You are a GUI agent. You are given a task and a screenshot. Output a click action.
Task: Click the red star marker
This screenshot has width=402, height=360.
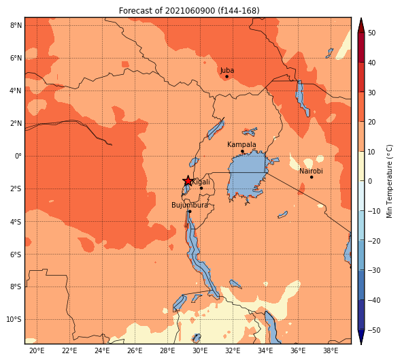click(188, 181)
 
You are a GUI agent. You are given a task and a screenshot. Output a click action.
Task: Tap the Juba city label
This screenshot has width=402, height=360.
click(227, 70)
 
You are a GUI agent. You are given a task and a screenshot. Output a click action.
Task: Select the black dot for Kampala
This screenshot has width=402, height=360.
click(242, 151)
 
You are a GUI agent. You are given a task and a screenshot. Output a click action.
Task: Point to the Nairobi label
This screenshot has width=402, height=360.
click(311, 171)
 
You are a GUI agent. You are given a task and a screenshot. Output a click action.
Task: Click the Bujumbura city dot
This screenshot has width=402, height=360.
click(190, 212)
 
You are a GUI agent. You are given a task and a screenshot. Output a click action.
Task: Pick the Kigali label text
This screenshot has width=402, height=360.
click(201, 182)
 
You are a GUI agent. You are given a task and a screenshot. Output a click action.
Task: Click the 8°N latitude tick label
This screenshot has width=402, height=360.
click(16, 25)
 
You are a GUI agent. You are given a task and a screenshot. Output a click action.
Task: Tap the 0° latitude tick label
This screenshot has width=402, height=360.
click(18, 156)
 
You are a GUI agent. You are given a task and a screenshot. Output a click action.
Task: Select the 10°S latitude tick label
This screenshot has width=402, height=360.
click(14, 319)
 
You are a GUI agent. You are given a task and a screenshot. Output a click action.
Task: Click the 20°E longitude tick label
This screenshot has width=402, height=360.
click(37, 350)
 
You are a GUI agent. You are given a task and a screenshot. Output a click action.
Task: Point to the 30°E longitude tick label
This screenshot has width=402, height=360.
click(200, 350)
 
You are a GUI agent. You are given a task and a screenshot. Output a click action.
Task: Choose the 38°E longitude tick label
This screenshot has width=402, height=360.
click(331, 350)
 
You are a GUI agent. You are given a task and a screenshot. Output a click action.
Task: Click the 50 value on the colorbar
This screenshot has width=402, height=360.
click(371, 33)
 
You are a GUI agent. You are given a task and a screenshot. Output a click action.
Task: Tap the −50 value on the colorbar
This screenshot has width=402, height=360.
click(374, 330)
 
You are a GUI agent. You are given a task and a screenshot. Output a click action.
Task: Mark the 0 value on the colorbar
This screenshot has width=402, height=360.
click(370, 181)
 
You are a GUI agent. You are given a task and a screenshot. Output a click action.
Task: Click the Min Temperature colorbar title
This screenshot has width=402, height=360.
click(389, 181)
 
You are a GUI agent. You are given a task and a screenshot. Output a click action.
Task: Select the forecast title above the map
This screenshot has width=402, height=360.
click(189, 11)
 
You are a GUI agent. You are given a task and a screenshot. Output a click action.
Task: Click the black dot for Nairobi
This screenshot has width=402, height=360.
click(312, 177)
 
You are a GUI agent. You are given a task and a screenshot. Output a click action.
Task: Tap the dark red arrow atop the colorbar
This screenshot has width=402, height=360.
click(361, 25)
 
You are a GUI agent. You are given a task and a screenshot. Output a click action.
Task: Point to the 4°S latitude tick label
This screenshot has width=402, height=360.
click(16, 222)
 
